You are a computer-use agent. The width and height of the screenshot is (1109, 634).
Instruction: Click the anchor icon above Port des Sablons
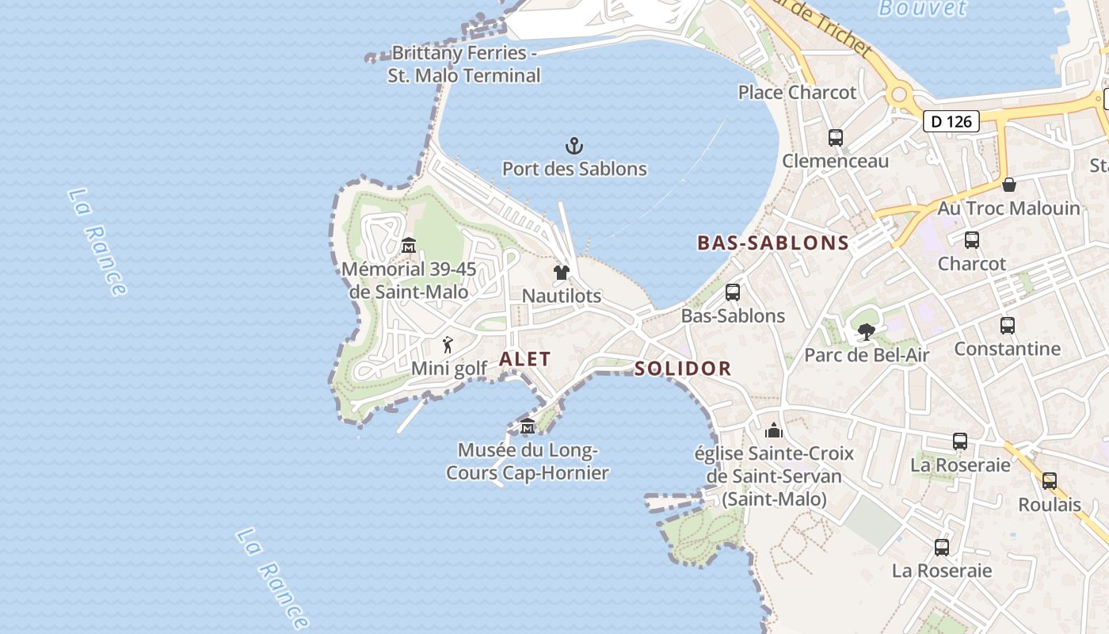click(574, 146)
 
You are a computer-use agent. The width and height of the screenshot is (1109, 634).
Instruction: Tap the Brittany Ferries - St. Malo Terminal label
click(464, 64)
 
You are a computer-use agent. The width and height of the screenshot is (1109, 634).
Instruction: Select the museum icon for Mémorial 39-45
click(409, 246)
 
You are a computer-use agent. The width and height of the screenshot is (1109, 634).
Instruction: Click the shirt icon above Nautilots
click(562, 273)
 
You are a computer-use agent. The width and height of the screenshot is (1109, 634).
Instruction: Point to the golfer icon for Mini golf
click(448, 346)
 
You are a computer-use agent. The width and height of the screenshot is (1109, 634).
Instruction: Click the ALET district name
click(524, 359)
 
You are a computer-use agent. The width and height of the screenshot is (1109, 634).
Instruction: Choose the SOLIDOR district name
click(682, 369)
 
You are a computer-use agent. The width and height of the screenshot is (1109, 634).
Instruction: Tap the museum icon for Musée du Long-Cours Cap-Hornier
click(527, 427)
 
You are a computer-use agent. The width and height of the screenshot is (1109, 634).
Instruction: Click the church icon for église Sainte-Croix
click(774, 430)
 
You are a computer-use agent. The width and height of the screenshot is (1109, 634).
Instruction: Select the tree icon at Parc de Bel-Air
click(867, 332)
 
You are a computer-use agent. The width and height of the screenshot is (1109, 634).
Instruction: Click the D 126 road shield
click(951, 121)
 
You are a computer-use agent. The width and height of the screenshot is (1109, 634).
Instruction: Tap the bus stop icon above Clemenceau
click(836, 138)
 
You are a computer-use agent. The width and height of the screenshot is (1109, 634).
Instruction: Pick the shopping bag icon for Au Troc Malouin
click(1009, 185)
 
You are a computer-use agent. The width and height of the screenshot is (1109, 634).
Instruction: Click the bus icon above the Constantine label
click(1008, 326)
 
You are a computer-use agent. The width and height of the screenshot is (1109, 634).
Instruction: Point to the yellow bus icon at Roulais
click(1050, 481)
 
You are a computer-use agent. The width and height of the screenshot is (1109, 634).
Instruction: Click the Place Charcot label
click(797, 93)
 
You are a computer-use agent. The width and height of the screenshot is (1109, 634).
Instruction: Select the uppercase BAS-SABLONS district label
click(772, 243)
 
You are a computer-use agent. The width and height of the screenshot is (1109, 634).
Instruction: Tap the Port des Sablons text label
click(574, 169)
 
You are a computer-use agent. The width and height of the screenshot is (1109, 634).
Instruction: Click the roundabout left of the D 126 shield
click(898, 95)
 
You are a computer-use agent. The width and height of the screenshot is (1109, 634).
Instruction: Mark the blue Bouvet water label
click(923, 8)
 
